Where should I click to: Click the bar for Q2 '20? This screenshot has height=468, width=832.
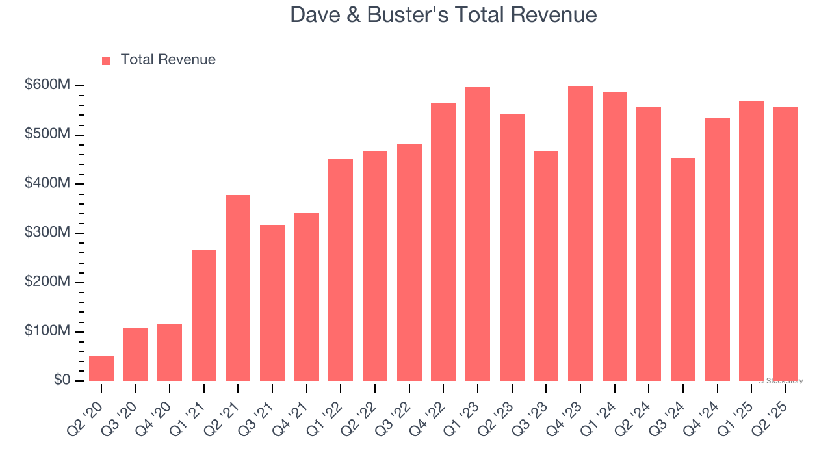(101, 369)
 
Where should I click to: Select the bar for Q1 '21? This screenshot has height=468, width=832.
(204, 315)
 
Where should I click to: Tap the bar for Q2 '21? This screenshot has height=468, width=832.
(238, 288)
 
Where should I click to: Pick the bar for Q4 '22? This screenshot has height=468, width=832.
(443, 242)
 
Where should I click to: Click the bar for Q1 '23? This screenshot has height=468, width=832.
(478, 234)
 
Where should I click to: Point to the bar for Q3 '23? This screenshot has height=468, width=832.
(546, 266)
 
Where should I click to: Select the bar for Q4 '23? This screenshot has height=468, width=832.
(580, 233)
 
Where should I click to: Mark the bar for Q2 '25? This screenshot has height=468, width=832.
(786, 244)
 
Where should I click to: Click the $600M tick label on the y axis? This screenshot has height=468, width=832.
(48, 85)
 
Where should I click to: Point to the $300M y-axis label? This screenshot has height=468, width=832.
(48, 233)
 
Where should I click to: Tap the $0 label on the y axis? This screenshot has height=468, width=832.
(62, 380)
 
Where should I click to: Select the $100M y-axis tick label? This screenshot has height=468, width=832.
(48, 331)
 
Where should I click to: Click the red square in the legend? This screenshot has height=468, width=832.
(107, 60)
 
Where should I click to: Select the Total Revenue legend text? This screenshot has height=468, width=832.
(168, 60)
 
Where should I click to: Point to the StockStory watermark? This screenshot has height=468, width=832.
(781, 381)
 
